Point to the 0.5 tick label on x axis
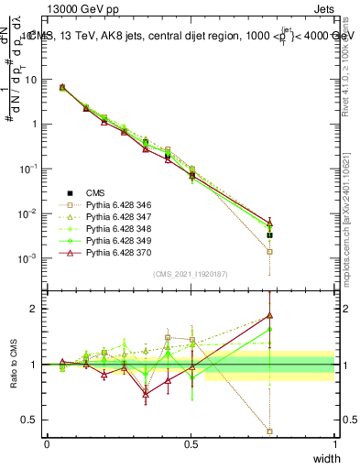pos(191,444)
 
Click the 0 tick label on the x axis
pos(48,444)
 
